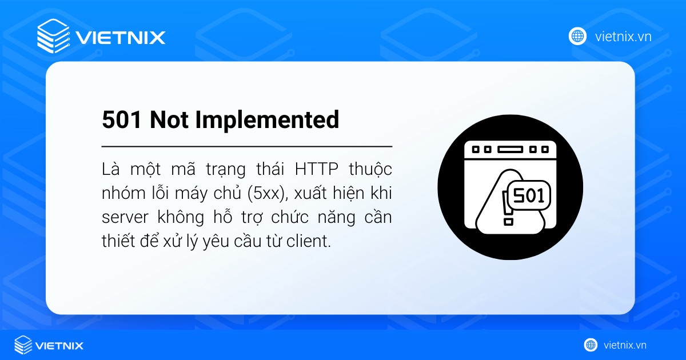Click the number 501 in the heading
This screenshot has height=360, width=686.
[122, 120]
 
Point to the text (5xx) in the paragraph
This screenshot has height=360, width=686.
[266, 193]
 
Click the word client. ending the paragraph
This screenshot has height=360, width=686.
[310, 241]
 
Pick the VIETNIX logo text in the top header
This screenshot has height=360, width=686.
[121, 38]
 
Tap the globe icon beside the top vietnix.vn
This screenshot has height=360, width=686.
[577, 36]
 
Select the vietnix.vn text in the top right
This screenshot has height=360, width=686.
[623, 37]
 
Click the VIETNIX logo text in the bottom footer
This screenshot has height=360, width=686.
[59, 345]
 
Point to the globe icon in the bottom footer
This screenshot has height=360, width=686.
[591, 345]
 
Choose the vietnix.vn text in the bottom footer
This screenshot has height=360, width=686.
[625, 345]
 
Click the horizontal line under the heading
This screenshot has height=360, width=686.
[247, 147]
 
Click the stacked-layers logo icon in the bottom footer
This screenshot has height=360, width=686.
[23, 345]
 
